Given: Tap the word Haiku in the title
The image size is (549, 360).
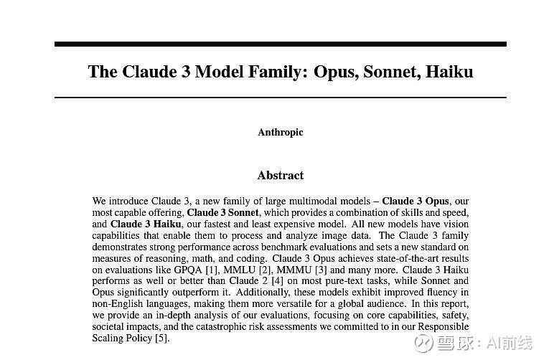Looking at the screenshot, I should coord(449,72).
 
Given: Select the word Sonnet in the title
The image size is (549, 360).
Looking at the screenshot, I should coord(392,72).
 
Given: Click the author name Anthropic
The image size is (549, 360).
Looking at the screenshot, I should coord(281,132).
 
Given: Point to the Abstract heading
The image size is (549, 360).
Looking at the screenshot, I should coord(281,175).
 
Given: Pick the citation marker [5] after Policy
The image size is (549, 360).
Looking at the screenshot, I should coord(162,338).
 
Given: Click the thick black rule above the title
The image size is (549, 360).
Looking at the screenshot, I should coord(281,44).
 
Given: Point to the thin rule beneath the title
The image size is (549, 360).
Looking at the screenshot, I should coord(281,97).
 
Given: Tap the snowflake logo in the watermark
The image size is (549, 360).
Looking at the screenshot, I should coord(425,344).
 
